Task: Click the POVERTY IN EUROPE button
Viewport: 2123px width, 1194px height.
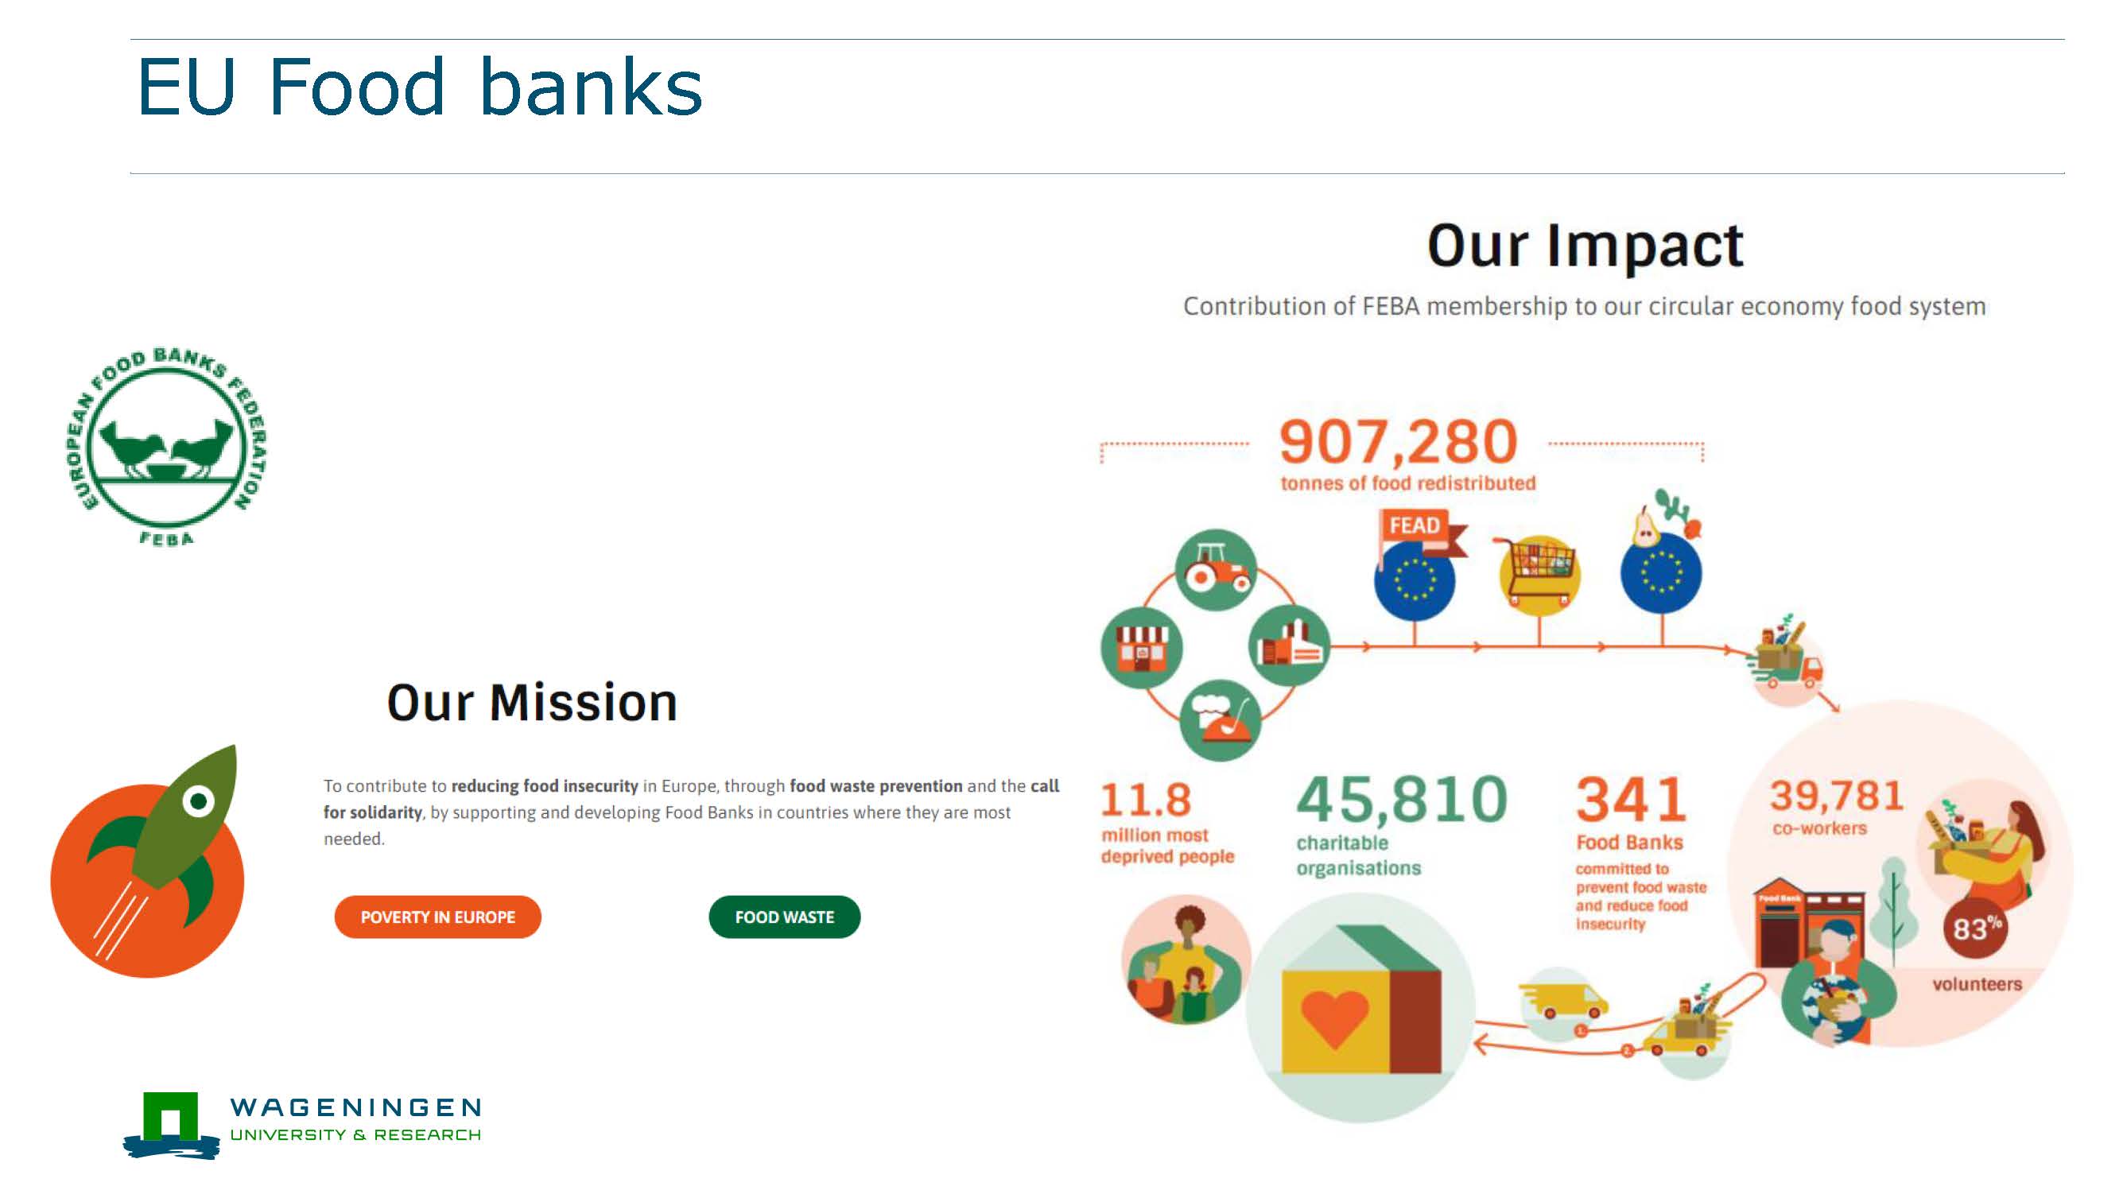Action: tap(437, 917)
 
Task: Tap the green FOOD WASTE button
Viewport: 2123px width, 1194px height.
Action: tap(784, 917)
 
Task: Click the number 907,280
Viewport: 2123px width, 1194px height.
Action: tap(1398, 442)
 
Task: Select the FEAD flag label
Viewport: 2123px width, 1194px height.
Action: tap(1415, 525)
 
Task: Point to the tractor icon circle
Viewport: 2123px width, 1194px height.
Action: tap(1216, 569)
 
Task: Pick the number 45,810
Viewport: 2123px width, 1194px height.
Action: tap(1402, 799)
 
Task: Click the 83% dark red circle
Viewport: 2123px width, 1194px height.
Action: tap(1975, 928)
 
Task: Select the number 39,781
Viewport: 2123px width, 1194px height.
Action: tap(1836, 796)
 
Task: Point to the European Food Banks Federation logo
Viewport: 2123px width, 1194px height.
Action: tap(166, 446)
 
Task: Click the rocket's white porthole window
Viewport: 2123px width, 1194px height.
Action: tap(198, 801)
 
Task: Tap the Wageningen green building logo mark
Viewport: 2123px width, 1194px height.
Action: tap(171, 1124)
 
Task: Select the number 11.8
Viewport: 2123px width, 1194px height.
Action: tap(1146, 799)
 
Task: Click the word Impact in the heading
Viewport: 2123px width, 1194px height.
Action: tap(1644, 246)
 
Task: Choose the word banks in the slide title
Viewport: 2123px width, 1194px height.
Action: tap(590, 87)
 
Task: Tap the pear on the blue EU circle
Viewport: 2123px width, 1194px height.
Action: tap(1646, 525)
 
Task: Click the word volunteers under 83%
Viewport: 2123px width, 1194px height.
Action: tap(1977, 984)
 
